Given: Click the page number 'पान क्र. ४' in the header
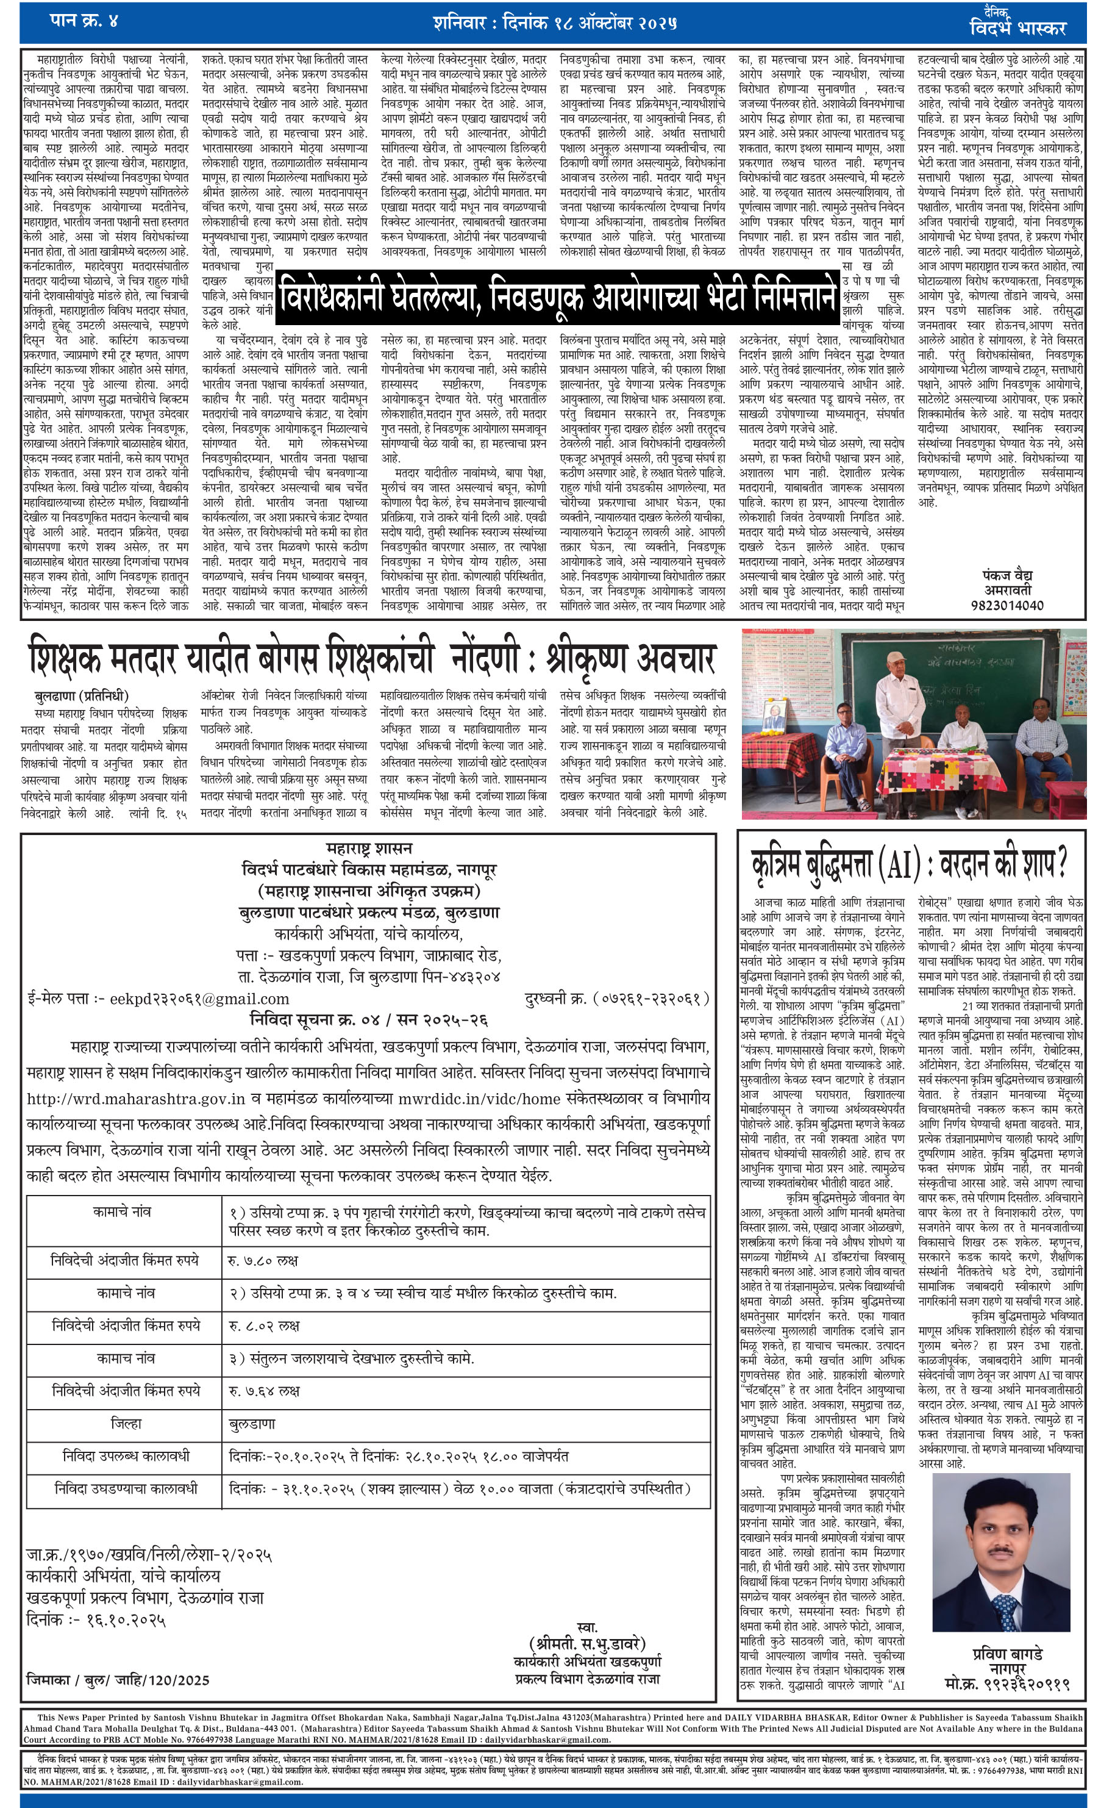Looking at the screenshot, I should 84,21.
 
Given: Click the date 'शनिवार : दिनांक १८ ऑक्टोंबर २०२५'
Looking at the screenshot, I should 555,23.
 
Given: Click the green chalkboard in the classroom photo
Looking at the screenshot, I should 932,675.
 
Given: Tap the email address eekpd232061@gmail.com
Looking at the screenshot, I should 199,999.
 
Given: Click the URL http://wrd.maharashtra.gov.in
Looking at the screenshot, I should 136,1099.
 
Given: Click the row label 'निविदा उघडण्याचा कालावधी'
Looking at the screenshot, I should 126,1488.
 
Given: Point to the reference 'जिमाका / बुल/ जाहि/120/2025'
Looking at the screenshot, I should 118,1679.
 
